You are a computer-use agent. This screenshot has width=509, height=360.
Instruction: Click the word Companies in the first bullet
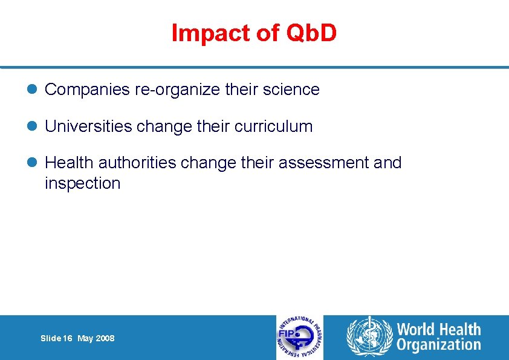point(87,90)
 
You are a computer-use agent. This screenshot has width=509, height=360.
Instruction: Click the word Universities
point(88,126)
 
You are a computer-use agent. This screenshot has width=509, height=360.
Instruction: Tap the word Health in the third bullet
point(70,163)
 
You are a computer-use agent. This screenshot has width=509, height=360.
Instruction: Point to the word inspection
point(83,183)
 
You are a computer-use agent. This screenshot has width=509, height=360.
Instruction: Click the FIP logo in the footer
point(300,338)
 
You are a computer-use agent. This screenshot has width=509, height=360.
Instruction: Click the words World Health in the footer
point(438,330)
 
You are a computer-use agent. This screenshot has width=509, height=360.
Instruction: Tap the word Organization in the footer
point(438,345)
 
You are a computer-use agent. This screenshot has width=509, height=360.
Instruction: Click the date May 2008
point(96,339)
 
